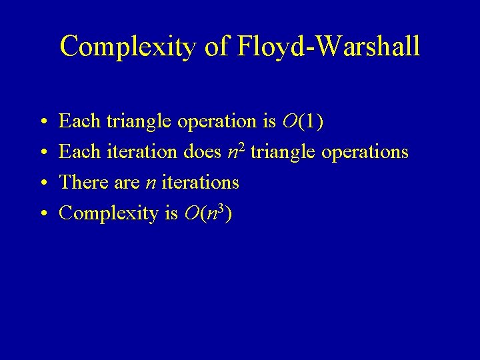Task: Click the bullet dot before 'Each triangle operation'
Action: pos(42,122)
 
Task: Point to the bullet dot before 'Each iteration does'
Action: pos(42,153)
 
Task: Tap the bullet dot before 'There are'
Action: pos(42,183)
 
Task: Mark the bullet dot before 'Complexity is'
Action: pos(42,213)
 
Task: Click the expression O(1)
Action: pos(303,121)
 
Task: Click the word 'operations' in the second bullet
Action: pos(365,152)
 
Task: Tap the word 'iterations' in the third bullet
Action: pos(200,182)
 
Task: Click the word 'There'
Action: pos(79,182)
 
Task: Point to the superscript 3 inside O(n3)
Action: pos(221,207)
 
